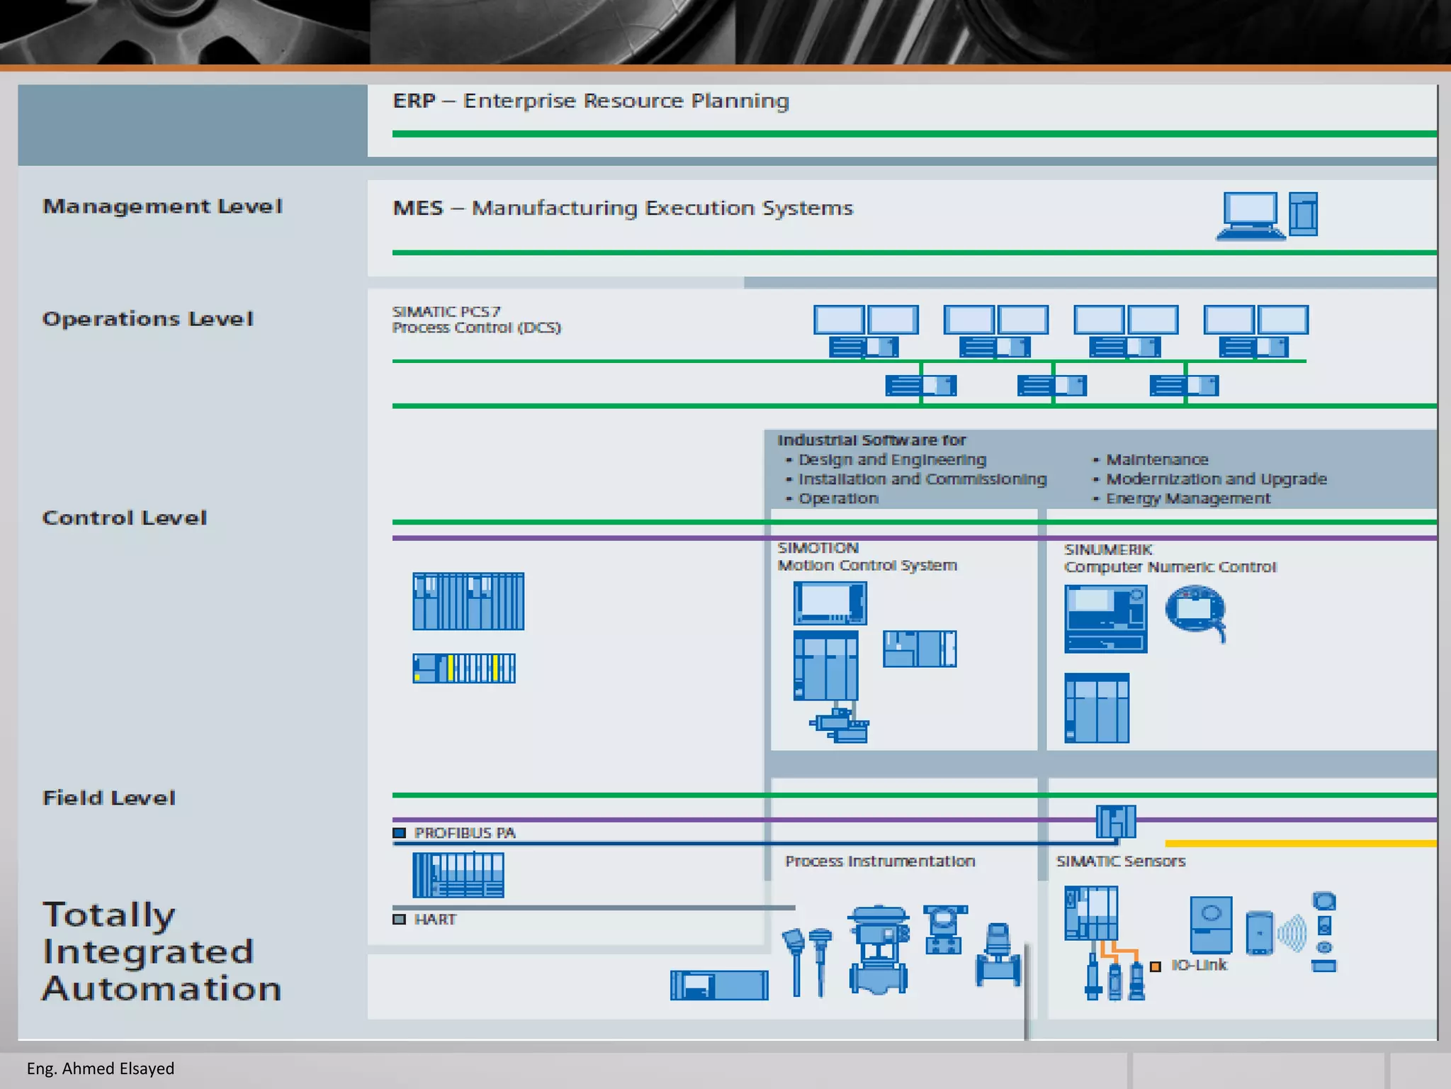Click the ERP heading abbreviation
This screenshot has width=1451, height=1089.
414,101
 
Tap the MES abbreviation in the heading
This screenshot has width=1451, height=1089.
418,208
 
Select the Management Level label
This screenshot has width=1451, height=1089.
162,206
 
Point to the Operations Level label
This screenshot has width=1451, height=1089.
147,319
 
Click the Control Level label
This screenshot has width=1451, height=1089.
125,518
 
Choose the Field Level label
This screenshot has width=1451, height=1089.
108,798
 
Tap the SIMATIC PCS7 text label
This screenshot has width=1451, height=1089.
446,312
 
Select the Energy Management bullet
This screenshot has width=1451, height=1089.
1188,498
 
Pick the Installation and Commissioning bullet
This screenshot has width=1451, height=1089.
922,479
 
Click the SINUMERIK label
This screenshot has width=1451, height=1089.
1107,549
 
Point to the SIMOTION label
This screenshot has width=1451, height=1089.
818,548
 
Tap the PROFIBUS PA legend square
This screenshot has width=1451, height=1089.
400,833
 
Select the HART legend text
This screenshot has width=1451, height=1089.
435,920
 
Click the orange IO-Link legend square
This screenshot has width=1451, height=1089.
1156,966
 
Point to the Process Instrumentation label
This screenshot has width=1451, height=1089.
880,861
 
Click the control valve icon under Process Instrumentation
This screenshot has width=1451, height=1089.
879,950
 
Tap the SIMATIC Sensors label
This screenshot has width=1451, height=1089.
1120,861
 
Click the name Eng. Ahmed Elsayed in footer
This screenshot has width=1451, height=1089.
101,1068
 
